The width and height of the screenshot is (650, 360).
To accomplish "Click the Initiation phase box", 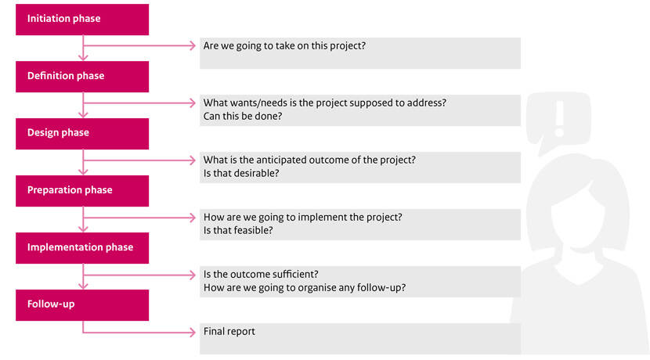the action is coord(82,20).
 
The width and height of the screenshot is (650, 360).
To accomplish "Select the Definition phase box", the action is coord(82,77).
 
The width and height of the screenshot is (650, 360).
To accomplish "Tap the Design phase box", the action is coord(82,134).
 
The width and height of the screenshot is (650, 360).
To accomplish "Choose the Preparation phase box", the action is coord(82,191).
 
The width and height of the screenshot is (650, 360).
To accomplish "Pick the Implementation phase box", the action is coord(82,248).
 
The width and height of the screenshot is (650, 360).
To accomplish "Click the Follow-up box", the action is coord(82,305).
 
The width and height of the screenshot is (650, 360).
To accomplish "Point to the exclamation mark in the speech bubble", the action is coord(560,118).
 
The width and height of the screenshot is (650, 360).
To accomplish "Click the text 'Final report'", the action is coord(229,331).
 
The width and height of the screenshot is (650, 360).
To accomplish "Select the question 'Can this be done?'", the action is coord(243,116).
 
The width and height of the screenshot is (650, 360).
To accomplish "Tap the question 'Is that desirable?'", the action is coord(241,173).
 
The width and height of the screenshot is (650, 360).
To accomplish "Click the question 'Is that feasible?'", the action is coord(238,230).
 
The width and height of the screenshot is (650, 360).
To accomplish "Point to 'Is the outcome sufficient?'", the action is coord(261,274).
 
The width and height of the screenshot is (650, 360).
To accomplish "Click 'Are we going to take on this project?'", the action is coord(284,45).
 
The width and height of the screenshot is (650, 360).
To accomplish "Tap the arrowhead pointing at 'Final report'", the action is coord(193,332).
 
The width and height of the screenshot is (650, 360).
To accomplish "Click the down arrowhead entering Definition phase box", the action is coord(83,57).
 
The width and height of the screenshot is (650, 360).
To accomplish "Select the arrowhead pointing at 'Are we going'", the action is coord(193,45).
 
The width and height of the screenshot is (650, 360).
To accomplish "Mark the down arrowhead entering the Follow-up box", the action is coord(83,286).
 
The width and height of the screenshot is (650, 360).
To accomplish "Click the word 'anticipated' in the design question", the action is coord(280,160).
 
